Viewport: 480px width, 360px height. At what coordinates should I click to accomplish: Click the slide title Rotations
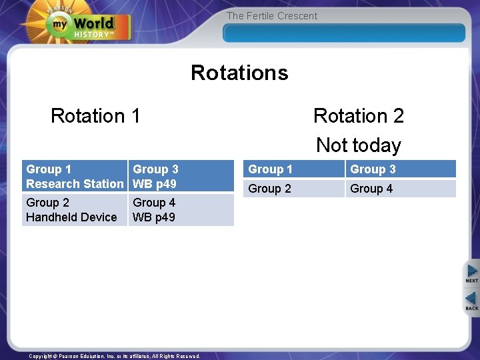click(x=239, y=72)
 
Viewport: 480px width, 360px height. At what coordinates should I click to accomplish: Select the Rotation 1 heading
click(x=95, y=116)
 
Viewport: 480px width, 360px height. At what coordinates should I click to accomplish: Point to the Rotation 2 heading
click(x=359, y=116)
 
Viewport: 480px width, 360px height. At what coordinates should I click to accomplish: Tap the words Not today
click(x=359, y=145)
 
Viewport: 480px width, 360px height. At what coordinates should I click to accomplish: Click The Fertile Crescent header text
click(x=272, y=16)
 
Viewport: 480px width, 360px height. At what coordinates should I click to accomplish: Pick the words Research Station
click(x=75, y=184)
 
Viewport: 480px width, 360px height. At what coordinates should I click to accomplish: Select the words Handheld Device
click(x=71, y=217)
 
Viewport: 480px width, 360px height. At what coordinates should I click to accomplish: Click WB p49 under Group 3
click(x=155, y=184)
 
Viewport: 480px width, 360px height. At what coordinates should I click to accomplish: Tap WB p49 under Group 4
click(x=154, y=217)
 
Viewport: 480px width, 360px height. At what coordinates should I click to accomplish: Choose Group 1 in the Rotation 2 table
click(x=270, y=169)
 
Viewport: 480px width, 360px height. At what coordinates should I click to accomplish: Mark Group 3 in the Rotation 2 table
click(x=373, y=169)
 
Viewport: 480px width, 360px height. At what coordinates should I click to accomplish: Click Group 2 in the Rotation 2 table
click(x=269, y=189)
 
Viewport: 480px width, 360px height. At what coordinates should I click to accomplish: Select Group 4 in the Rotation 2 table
click(x=371, y=189)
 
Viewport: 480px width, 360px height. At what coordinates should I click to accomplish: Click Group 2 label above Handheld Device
click(x=47, y=203)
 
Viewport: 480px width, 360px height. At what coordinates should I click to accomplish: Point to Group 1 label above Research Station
click(x=49, y=169)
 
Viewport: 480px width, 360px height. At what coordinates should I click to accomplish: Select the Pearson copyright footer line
click(x=115, y=356)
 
